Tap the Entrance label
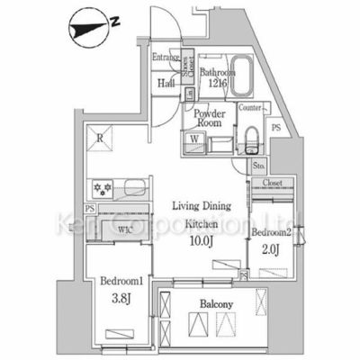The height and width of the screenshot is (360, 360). tap(166, 58)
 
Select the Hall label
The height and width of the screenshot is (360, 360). tap(166, 84)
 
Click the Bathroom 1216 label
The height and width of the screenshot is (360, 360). tap(217, 79)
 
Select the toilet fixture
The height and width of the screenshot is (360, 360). tap(252, 139)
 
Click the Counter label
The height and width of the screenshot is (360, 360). tap(251, 109)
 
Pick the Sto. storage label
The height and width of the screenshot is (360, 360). tap(259, 166)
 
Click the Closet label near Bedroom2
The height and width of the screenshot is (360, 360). tap(273, 184)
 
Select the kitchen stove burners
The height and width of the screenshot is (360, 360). tap(101, 189)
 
